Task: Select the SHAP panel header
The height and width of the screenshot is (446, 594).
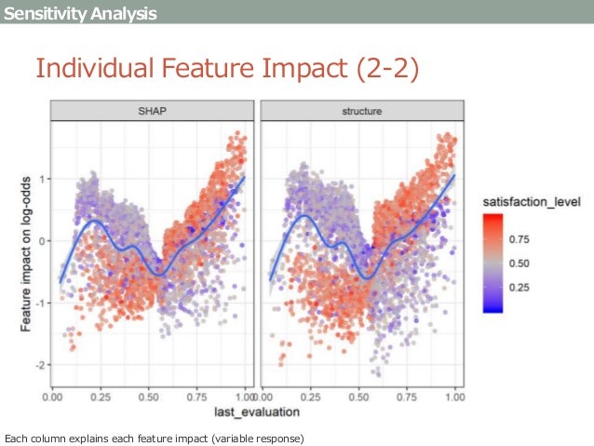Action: [x=149, y=112]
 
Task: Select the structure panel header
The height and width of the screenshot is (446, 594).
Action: [x=359, y=112]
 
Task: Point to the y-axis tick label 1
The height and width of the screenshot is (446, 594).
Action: [x=43, y=179]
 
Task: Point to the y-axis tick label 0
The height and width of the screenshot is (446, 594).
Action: [x=43, y=240]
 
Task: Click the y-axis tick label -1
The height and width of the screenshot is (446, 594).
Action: [x=41, y=303]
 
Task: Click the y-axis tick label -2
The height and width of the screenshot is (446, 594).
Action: [x=41, y=365]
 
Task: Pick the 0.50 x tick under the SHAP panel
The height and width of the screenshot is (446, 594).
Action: [x=149, y=397]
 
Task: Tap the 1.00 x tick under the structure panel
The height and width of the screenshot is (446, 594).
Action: [x=454, y=397]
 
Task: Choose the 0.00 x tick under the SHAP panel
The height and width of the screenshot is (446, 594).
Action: [x=54, y=397]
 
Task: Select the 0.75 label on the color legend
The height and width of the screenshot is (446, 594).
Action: [x=519, y=238]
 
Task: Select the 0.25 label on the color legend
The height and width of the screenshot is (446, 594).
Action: [x=519, y=288]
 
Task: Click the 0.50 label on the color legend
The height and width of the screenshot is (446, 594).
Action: [x=519, y=264]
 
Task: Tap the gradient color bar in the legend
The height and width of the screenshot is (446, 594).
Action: [x=493, y=263]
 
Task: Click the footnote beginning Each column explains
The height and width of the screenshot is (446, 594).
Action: [x=155, y=438]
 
